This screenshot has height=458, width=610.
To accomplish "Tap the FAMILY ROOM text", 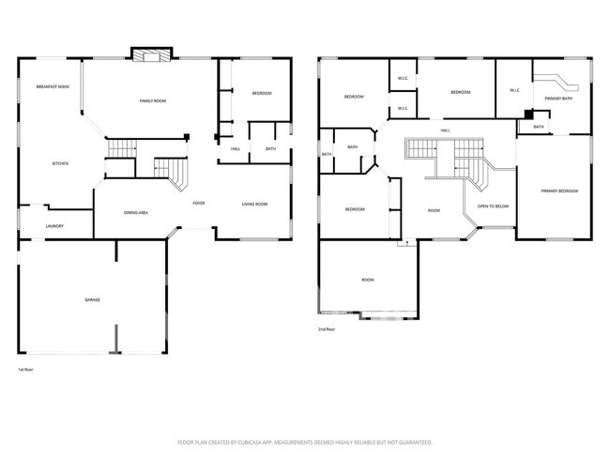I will (152, 100).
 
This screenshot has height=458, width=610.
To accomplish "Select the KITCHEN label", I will (59, 163).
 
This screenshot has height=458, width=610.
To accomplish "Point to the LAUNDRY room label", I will (54, 226).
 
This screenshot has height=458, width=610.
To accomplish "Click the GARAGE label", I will (92, 299).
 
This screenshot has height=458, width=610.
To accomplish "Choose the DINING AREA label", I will (136, 213).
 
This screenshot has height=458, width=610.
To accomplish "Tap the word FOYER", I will (199, 204).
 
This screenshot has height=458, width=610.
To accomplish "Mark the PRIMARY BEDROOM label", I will (559, 191).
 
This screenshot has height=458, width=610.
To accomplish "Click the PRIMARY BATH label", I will (559, 98).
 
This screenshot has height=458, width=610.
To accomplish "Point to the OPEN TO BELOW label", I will (493, 206).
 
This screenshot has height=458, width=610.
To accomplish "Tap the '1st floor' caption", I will (26, 370).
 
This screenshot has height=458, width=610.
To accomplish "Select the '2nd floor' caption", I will (326, 329).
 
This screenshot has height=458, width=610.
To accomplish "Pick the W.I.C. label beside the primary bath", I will (515, 91).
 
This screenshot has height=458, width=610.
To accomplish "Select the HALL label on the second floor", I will (445, 130).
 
